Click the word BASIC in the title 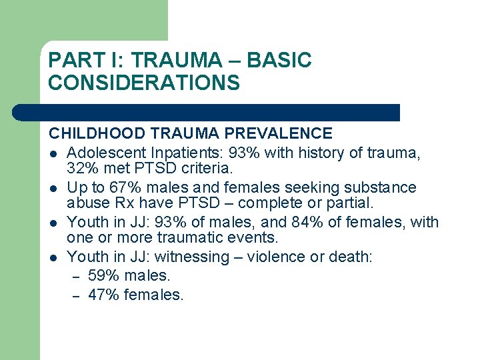[279, 61]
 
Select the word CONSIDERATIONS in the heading [144, 83]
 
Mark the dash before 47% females [76, 295]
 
